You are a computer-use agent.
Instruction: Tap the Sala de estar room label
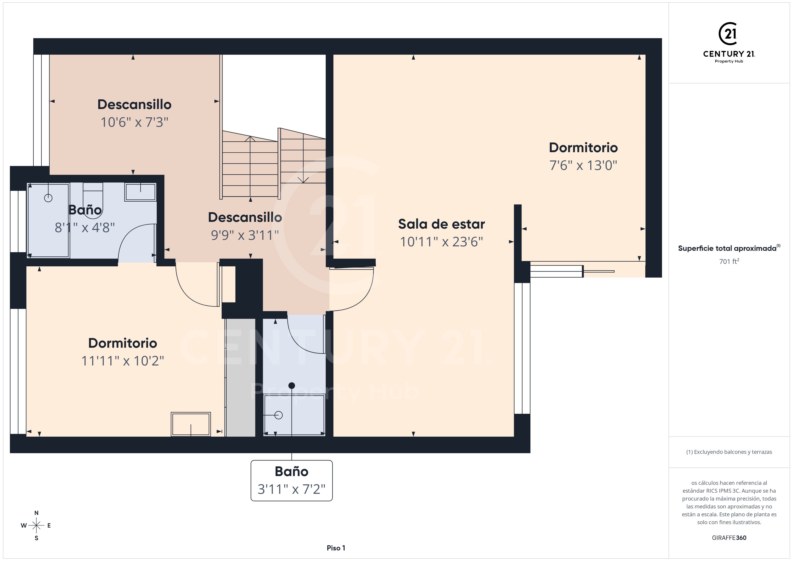(441, 224)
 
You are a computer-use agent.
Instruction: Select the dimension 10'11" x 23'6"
(441, 242)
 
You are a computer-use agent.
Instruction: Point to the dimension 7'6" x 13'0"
(583, 165)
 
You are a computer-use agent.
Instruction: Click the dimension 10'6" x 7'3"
(134, 122)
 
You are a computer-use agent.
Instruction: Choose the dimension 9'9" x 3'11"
(245, 235)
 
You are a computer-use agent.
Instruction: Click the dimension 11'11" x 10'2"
(123, 361)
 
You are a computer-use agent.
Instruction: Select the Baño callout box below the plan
(292, 481)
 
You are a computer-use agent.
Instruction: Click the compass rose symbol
(36, 525)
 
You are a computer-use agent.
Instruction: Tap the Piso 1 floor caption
(336, 548)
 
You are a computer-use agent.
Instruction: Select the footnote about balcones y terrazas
(729, 452)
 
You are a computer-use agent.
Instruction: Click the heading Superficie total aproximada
(727, 248)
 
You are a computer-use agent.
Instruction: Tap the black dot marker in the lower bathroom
(292, 385)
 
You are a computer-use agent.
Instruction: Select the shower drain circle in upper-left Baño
(48, 198)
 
